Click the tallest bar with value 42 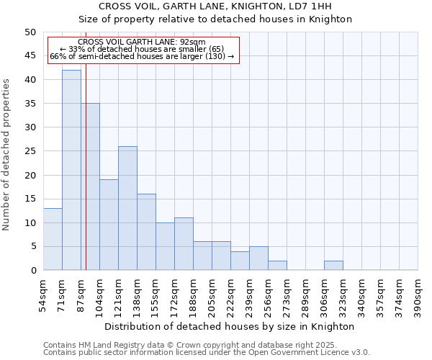pyautogui.click(x=71, y=170)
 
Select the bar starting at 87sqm pyautogui.click(x=90, y=186)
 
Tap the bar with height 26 pyautogui.click(x=127, y=208)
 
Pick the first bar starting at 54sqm pyautogui.click(x=53, y=239)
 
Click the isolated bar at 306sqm pyautogui.click(x=333, y=266)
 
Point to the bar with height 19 pyautogui.click(x=109, y=225)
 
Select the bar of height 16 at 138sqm pyautogui.click(x=146, y=232)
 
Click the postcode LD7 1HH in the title pyautogui.click(x=315, y=6)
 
